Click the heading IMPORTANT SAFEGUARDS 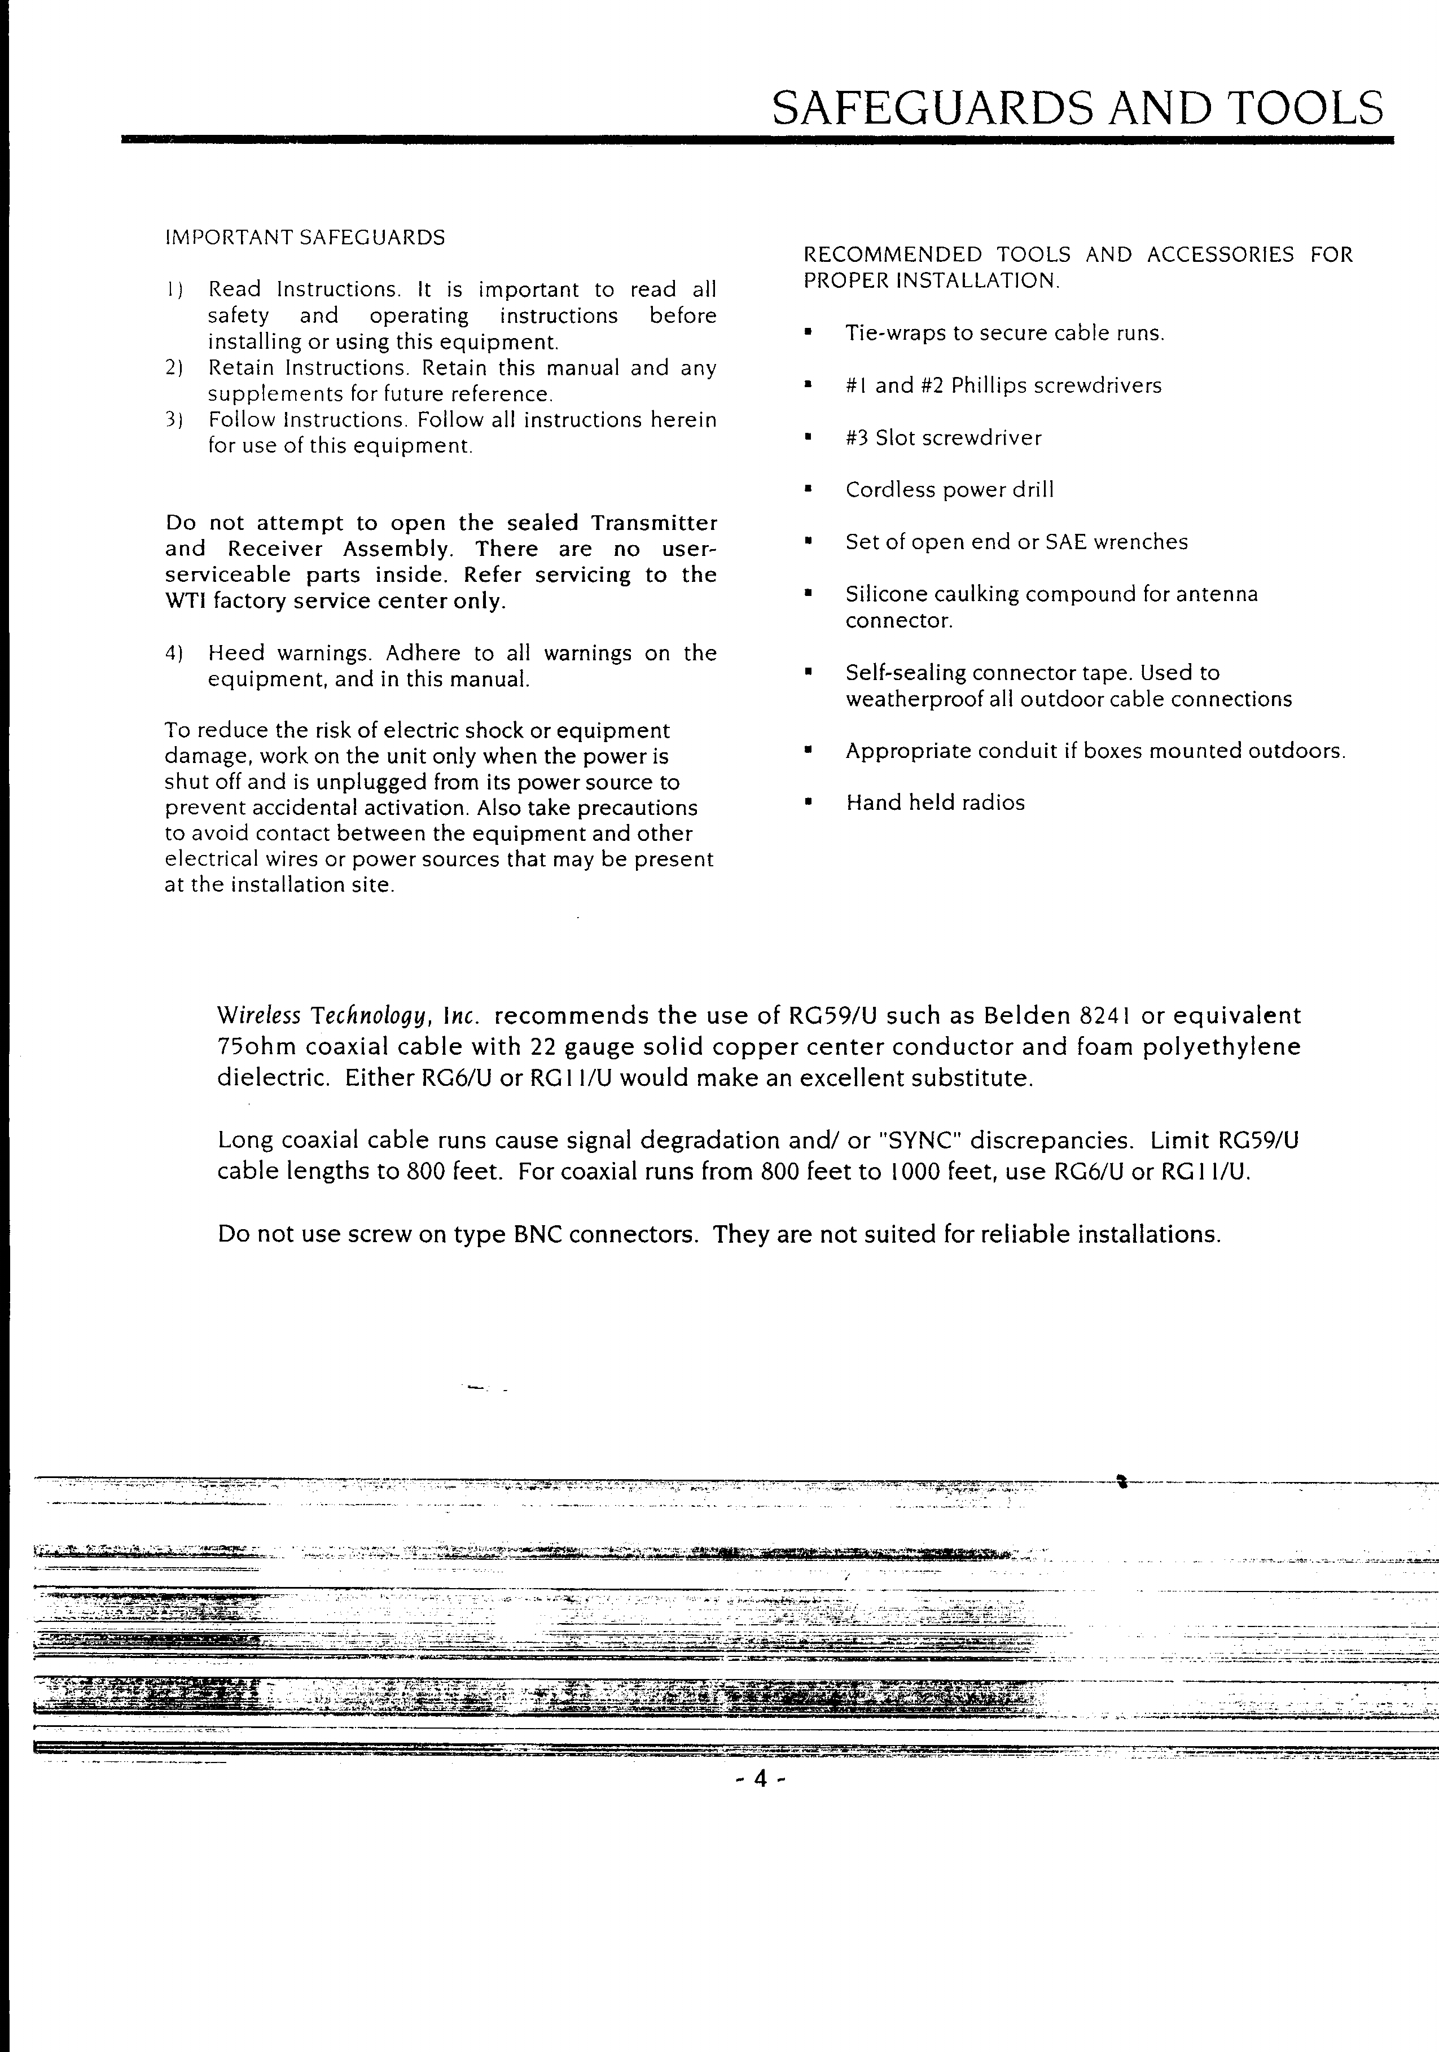tap(305, 238)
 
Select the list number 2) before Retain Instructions tap(174, 368)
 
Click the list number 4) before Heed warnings tap(174, 654)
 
